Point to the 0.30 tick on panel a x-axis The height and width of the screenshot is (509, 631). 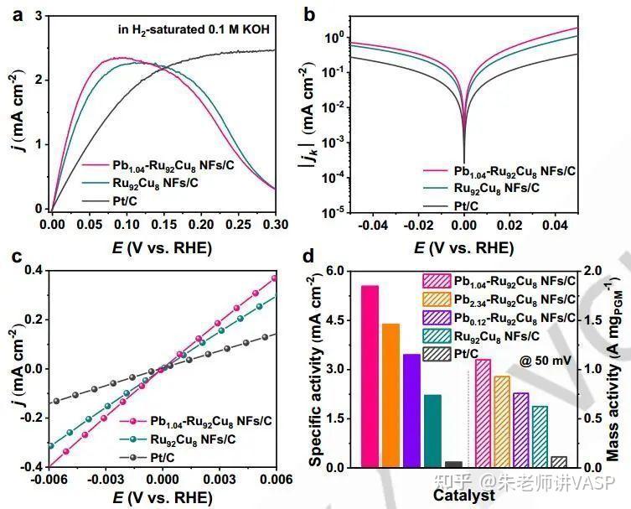275,226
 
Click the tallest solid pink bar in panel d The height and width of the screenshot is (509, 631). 370,376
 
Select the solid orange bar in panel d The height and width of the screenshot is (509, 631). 390,394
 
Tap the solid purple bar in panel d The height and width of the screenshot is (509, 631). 411,410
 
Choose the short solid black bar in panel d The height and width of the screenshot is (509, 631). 453,464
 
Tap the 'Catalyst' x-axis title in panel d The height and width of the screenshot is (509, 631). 463,496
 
